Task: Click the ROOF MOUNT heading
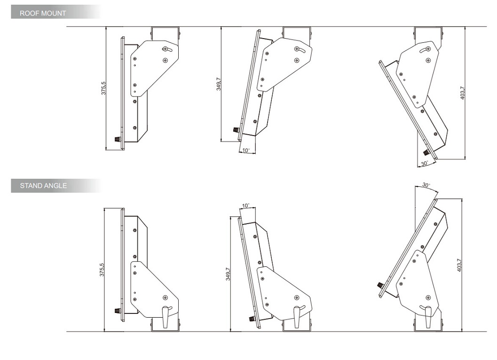click(x=43, y=13)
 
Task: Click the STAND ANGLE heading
click(x=43, y=185)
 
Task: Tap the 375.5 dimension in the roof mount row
click(x=103, y=88)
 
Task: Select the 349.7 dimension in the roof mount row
click(x=219, y=84)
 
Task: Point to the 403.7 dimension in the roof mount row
click(x=462, y=93)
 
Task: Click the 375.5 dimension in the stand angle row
click(x=102, y=270)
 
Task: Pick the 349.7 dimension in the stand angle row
click(x=228, y=274)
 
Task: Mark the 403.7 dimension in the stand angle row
click(x=459, y=265)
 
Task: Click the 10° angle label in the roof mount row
click(x=246, y=150)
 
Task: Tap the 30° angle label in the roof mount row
click(x=425, y=164)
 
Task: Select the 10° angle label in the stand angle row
click(x=246, y=206)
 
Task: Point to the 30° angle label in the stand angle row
click(x=426, y=185)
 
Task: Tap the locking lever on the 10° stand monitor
click(x=297, y=317)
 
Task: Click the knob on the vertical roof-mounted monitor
click(x=118, y=139)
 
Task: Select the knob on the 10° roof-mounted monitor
click(x=236, y=130)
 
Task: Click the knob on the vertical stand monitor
click(x=118, y=311)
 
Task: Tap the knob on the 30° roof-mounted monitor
click(x=426, y=152)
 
